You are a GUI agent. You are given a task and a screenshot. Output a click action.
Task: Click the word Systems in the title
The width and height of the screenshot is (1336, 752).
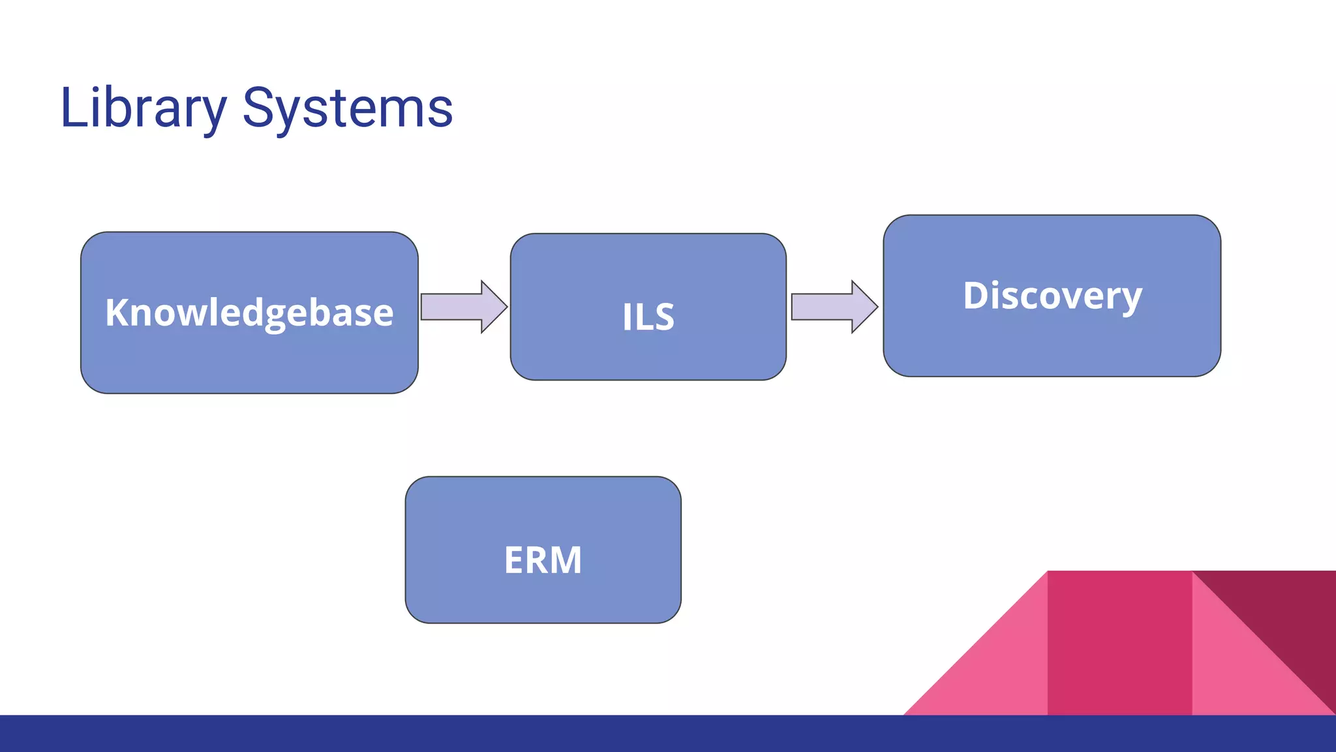click(347, 108)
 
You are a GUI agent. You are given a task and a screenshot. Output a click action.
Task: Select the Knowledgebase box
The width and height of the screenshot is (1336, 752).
click(249, 366)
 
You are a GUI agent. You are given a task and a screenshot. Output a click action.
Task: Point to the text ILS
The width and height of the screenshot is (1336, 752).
click(648, 317)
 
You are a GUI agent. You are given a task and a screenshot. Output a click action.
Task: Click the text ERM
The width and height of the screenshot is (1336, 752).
click(543, 560)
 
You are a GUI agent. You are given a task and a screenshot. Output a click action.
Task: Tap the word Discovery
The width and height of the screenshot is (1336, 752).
click(1052, 296)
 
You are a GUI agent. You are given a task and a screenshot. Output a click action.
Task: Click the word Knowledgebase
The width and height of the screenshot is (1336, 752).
click(249, 313)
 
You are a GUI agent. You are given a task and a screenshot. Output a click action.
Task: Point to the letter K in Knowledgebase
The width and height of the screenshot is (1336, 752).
click(118, 312)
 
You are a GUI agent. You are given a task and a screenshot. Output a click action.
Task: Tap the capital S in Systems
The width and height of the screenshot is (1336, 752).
click(257, 108)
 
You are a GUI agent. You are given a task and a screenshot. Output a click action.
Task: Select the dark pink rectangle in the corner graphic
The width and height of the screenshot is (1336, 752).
click(1119, 643)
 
